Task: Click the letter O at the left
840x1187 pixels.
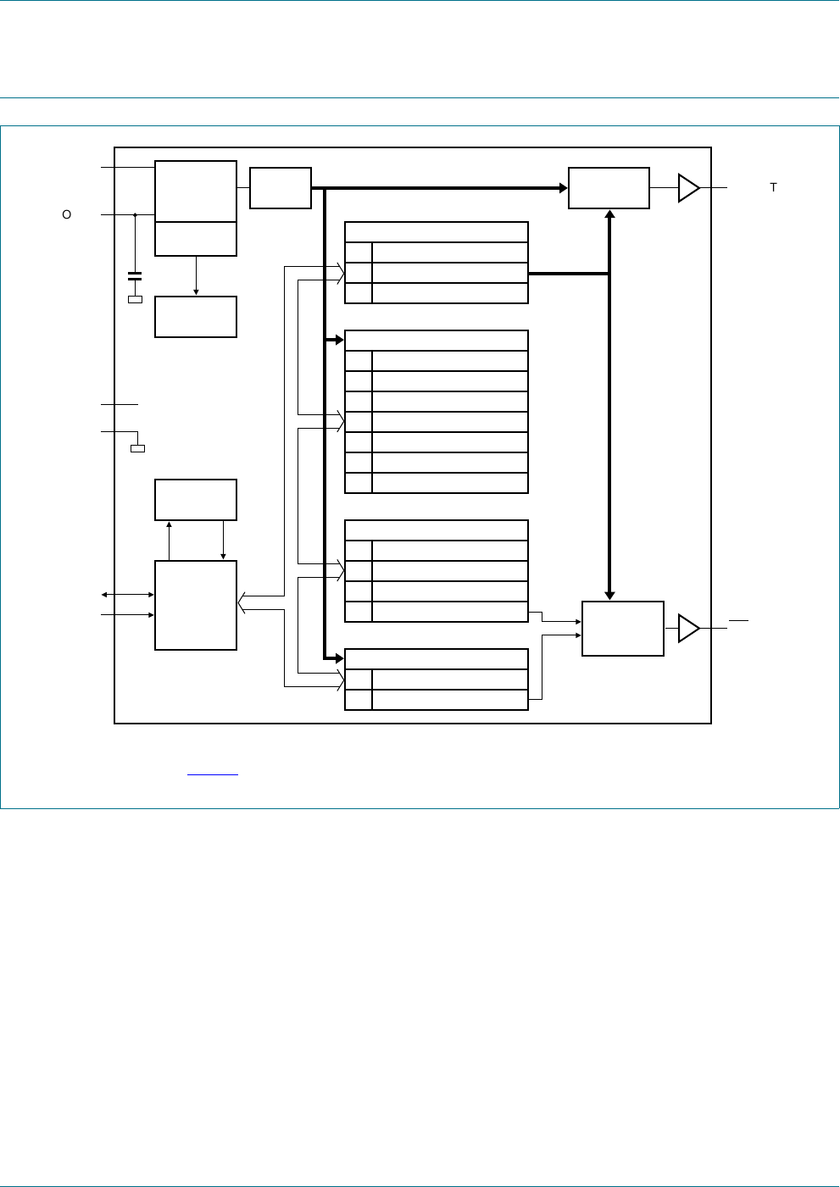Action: pyautogui.click(x=67, y=215)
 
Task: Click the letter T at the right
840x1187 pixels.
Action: pyautogui.click(x=773, y=187)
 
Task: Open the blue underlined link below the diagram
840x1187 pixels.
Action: pyautogui.click(x=212, y=774)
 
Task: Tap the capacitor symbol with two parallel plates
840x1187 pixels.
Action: pyautogui.click(x=135, y=276)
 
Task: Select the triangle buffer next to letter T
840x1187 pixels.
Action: pyautogui.click(x=688, y=188)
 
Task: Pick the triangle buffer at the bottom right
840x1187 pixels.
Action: pyautogui.click(x=688, y=629)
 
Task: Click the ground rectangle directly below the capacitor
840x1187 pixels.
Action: pyautogui.click(x=135, y=299)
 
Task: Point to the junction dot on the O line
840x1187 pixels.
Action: pyautogui.click(x=135, y=215)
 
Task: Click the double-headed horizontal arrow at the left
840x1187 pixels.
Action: pyautogui.click(x=128, y=595)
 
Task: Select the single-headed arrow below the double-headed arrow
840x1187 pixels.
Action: pyautogui.click(x=128, y=615)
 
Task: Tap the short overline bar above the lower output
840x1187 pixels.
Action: pyautogui.click(x=738, y=621)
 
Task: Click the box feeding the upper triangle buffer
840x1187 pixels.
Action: pyautogui.click(x=609, y=188)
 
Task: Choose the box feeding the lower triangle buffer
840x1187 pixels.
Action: pyautogui.click(x=623, y=629)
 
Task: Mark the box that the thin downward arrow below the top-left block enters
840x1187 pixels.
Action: pyautogui.click(x=196, y=317)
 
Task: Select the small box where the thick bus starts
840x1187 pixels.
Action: pyautogui.click(x=281, y=188)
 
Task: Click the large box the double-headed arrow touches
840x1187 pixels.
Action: pyautogui.click(x=196, y=605)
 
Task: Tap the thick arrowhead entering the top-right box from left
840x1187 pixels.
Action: pyautogui.click(x=563, y=188)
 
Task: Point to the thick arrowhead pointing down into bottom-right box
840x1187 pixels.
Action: pyautogui.click(x=609, y=596)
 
